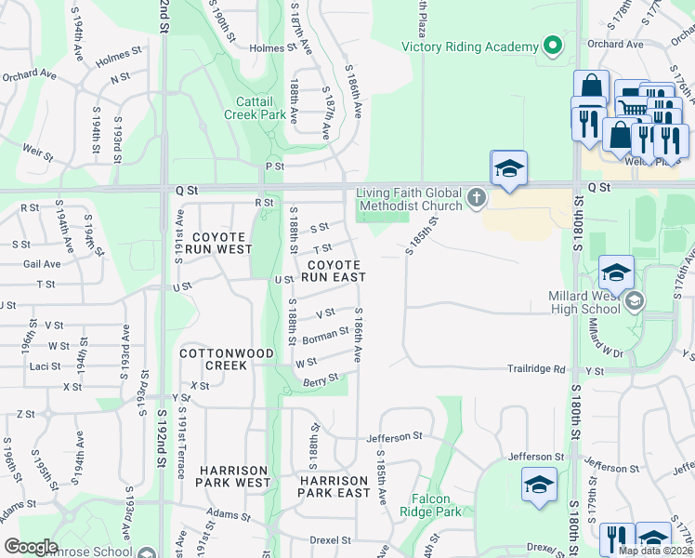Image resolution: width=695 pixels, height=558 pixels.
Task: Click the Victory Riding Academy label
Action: pyautogui.click(x=470, y=46)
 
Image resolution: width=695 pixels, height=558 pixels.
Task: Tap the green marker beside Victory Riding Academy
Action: pyautogui.click(x=552, y=46)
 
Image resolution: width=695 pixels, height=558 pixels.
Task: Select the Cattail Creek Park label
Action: pyautogui.click(x=254, y=108)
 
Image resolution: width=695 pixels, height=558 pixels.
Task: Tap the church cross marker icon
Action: pyautogui.click(x=477, y=196)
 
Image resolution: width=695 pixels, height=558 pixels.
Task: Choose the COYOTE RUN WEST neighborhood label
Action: pyautogui.click(x=218, y=244)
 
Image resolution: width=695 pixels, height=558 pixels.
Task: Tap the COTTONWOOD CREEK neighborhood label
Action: pyautogui.click(x=213, y=360)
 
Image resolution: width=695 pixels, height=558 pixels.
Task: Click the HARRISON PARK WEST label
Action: pyautogui.click(x=233, y=476)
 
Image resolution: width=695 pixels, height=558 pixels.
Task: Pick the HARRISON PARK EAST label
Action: pyautogui.click(x=334, y=485)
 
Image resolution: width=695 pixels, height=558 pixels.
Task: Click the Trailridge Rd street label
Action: pyautogui.click(x=536, y=369)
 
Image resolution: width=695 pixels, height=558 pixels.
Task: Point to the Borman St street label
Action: pyautogui.click(x=325, y=336)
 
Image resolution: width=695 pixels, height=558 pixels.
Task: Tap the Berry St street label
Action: pyautogui.click(x=318, y=379)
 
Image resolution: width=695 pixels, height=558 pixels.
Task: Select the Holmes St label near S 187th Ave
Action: pyautogui.click(x=270, y=47)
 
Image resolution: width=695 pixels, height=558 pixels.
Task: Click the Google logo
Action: pyautogui.click(x=31, y=547)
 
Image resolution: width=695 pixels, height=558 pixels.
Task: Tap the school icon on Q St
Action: pyautogui.click(x=508, y=168)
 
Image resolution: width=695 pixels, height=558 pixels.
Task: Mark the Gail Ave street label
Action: pyautogui.click(x=42, y=264)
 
